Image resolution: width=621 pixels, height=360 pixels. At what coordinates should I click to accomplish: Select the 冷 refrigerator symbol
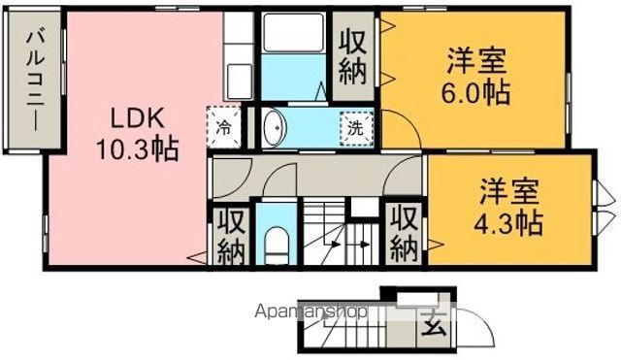223,127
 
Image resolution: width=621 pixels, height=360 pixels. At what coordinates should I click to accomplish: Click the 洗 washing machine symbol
356,127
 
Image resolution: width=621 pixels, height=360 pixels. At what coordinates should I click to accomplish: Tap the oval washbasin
274,127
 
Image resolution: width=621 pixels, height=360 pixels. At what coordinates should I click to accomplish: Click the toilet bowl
278,244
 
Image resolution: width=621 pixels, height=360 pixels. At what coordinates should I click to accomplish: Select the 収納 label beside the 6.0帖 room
353,57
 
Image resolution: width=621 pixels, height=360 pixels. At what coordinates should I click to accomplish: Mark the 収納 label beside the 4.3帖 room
405,233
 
